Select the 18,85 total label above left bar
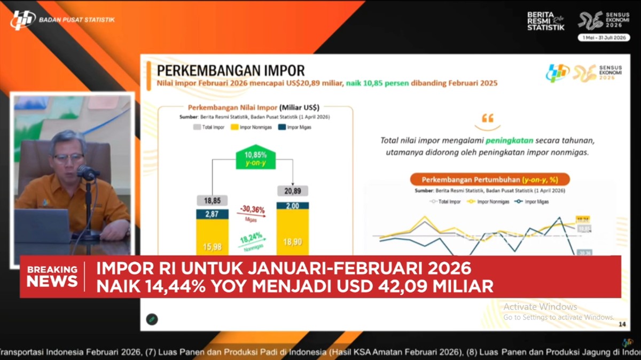pos(212,200)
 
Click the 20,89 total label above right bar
pos(292,191)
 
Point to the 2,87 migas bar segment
pos(212,214)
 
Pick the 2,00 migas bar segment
pos(292,206)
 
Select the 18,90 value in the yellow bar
pos(292,241)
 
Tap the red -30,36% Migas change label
pos(252,212)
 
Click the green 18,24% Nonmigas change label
pos(252,243)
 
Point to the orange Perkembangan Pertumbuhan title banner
pos(489,179)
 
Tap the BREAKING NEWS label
pos(52,276)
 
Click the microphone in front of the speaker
pos(86,172)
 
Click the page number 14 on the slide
pos(621,324)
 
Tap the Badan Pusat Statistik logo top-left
pos(22,20)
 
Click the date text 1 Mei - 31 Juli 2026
pos(604,37)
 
